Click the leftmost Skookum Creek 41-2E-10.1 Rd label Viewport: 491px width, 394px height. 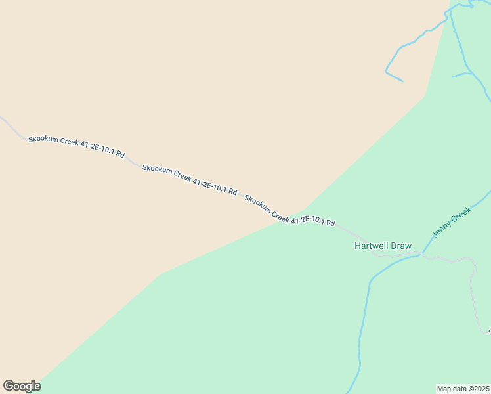pos(76,146)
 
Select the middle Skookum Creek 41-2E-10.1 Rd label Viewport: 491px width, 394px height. pos(189,180)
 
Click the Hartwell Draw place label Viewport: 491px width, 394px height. pos(383,246)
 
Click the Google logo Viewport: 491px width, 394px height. pos(22,386)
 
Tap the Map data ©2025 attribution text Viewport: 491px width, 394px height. pos(463,389)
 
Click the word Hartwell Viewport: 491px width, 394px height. pos(372,246)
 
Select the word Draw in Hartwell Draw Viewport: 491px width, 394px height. pos(401,246)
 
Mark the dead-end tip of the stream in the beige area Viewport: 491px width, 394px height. pos(402,81)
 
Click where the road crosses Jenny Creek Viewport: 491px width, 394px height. pos(420,255)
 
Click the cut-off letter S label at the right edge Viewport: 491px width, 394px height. pos(489,332)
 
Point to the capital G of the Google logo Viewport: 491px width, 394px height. pos(9,385)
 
